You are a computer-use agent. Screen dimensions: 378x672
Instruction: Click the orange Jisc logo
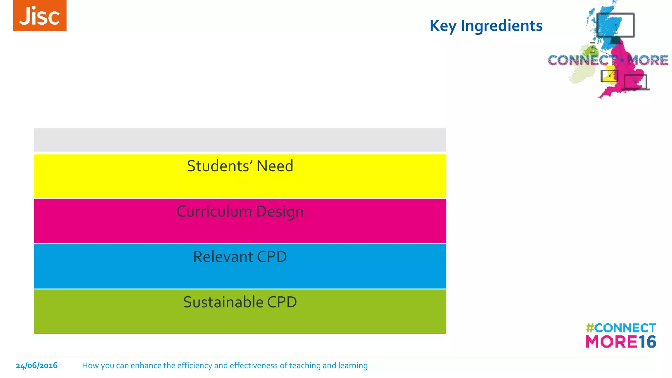[x=40, y=16]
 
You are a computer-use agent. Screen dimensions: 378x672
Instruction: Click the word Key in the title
[x=443, y=26]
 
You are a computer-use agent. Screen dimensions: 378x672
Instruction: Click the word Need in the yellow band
[x=275, y=166]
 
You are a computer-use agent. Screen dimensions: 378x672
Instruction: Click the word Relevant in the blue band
[x=223, y=257]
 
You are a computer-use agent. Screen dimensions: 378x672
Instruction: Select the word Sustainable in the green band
[x=223, y=302]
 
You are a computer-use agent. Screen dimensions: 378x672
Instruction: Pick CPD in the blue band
[x=272, y=257]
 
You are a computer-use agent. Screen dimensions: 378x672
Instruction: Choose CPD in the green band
[x=282, y=302]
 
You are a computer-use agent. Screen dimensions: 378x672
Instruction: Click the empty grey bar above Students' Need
[x=240, y=140]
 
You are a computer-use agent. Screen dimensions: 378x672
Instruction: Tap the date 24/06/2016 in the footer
[x=37, y=366]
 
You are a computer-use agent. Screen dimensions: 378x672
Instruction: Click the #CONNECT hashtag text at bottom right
[x=621, y=328]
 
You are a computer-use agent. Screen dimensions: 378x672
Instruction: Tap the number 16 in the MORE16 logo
[x=647, y=342]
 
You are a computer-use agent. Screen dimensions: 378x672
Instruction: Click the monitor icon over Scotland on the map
[x=616, y=25]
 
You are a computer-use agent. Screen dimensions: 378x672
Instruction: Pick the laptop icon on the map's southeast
[x=636, y=82]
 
